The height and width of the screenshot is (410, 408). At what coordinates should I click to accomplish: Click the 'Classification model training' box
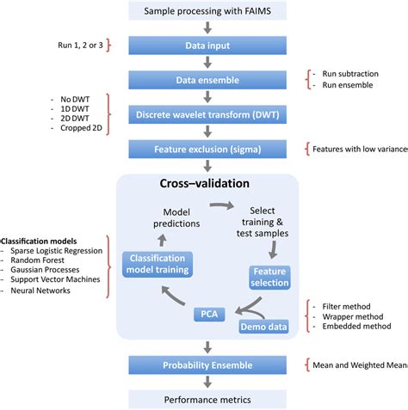(157, 264)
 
